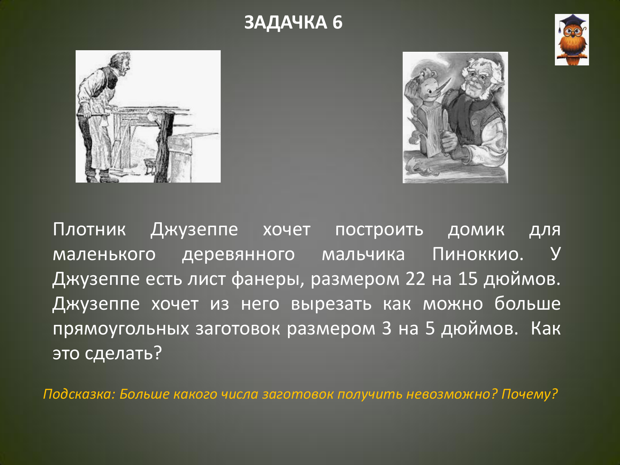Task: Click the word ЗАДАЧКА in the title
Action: (286, 22)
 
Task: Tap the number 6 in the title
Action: (337, 22)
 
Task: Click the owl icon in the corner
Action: (572, 40)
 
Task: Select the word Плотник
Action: (89, 230)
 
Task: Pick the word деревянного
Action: (238, 255)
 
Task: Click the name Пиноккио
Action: (478, 255)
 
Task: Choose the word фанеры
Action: (268, 280)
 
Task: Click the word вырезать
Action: (331, 304)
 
